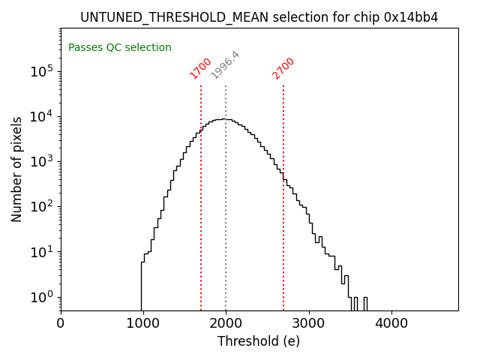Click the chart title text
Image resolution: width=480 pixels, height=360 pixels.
tap(259, 17)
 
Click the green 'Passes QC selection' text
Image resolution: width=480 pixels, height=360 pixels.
tap(120, 48)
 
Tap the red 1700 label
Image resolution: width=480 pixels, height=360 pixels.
tap(200, 68)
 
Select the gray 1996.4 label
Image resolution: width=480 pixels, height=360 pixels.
tap(225, 65)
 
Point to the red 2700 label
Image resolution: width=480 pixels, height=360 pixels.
tap(283, 68)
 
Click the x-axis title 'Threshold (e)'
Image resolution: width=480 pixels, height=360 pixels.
tap(259, 341)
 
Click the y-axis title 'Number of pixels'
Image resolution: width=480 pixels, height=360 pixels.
tap(17, 169)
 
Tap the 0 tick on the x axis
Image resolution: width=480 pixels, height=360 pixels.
tap(61, 323)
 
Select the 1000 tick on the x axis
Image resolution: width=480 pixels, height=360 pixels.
tap(143, 323)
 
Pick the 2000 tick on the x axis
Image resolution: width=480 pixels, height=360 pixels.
tap(226, 323)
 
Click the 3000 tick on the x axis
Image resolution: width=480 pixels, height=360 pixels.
tap(308, 323)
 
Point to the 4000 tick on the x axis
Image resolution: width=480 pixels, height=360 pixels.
tap(391, 323)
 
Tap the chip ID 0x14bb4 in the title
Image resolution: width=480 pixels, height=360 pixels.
tap(412, 17)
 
